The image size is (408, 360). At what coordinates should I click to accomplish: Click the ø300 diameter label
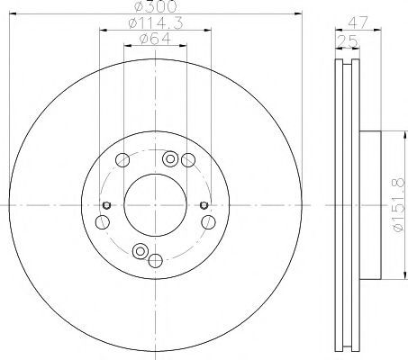[155, 6]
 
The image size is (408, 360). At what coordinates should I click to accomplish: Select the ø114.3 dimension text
[156, 23]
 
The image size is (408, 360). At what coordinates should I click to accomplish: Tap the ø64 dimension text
[155, 39]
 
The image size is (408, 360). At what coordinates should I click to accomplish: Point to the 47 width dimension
[358, 22]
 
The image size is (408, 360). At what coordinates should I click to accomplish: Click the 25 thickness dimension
[348, 41]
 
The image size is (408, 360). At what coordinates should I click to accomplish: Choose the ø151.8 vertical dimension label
[398, 205]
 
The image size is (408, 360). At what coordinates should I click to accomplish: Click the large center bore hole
[155, 205]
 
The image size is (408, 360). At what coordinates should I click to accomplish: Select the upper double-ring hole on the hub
[170, 158]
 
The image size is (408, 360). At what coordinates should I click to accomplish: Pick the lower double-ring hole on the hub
[141, 251]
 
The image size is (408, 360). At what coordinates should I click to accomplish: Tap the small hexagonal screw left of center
[106, 205]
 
